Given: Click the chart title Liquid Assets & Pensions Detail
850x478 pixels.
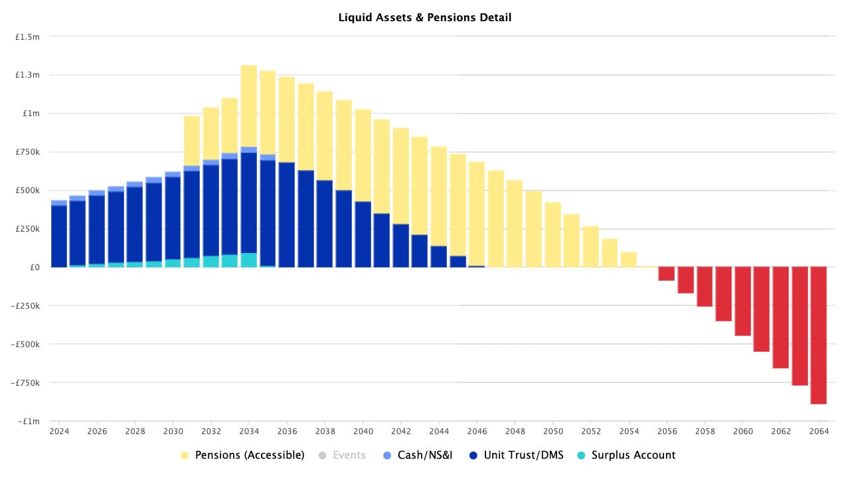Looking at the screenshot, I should coord(425,18).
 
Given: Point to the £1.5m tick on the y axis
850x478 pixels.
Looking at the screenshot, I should coord(28,37).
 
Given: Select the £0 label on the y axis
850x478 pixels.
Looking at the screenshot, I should coord(33,268).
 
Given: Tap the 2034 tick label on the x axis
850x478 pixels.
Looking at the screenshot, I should coord(248,432).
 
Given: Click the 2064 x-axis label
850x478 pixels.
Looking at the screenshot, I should coord(819,432).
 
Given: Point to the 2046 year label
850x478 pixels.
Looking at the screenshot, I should coord(477,432).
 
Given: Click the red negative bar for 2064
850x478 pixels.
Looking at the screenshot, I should coord(819,335).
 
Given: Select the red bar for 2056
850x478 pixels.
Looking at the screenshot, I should coord(666,274).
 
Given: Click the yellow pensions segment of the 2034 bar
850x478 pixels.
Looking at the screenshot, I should coord(248,106).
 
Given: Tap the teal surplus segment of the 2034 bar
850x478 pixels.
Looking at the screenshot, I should coord(248,260).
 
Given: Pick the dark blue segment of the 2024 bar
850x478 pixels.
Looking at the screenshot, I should coord(58,236).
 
